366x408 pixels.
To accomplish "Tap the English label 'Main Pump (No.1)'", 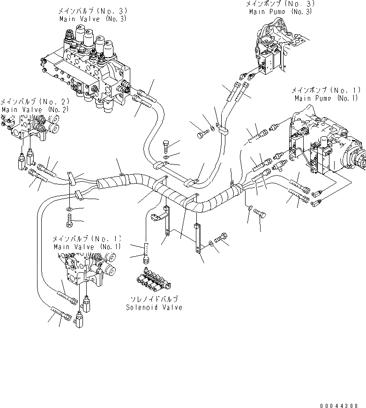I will tap(326, 98).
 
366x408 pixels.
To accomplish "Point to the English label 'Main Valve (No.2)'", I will tap(35, 109).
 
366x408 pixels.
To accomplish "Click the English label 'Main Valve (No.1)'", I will tap(87, 246).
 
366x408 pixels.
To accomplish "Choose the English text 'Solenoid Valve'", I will tap(154, 307).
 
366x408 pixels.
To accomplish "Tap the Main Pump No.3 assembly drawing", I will tap(272, 52).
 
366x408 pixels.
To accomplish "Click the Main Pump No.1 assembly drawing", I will tap(328, 145).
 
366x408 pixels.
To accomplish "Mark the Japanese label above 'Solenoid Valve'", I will tap(154, 299).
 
